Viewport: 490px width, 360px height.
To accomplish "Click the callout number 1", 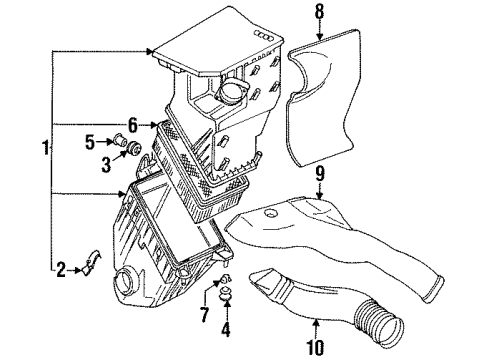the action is click(x=45, y=148).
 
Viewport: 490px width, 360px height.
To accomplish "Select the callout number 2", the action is click(x=61, y=270).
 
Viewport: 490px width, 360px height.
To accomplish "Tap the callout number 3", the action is click(x=106, y=165).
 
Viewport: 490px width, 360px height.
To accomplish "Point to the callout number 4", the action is click(x=226, y=329).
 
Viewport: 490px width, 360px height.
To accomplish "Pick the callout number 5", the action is click(x=90, y=142).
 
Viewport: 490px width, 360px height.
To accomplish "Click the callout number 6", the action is click(x=133, y=125).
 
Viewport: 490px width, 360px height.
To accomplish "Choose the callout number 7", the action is click(x=204, y=314).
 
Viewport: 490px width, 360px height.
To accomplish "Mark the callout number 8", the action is click(x=319, y=11).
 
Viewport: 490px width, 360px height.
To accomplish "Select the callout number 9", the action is click(x=320, y=174).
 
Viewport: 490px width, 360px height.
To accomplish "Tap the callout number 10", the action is click(x=315, y=347).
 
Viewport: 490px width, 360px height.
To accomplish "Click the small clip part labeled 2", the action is click(x=91, y=263).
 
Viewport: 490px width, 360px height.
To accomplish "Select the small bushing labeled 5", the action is click(x=120, y=140).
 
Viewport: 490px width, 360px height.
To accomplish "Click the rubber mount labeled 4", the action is click(x=226, y=293).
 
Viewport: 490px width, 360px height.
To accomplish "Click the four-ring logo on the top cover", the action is click(x=265, y=35).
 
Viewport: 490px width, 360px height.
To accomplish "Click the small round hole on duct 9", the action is click(x=271, y=213).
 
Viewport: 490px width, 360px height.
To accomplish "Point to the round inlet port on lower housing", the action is click(x=123, y=282).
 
